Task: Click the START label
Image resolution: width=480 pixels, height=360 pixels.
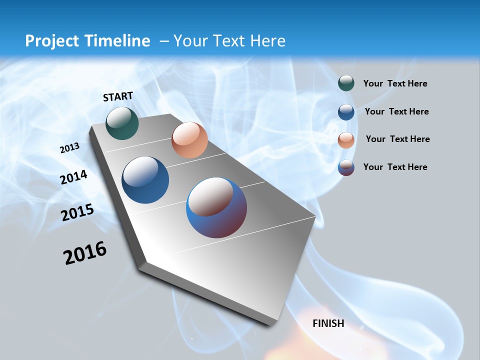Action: (118, 96)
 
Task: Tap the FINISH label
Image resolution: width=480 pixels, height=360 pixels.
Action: (328, 323)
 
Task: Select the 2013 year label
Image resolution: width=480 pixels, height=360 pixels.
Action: (69, 148)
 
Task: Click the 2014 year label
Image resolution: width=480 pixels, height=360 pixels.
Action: (74, 177)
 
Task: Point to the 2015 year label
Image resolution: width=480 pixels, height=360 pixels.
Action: (77, 212)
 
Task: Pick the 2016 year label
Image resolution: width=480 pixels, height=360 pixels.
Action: (85, 253)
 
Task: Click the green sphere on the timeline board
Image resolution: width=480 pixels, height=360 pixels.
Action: (122, 123)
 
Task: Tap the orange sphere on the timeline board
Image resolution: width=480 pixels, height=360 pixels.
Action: (189, 140)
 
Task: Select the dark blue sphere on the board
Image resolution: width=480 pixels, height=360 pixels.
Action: (145, 180)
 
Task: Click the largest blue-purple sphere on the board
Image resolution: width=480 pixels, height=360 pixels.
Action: (216, 207)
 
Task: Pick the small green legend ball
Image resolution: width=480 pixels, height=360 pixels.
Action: (346, 83)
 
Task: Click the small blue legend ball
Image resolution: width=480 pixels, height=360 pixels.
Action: (346, 111)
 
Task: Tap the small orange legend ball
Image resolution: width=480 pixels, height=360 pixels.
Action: (346, 139)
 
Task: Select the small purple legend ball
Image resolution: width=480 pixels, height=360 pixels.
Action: (346, 167)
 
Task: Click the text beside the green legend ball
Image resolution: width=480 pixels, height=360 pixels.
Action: (395, 83)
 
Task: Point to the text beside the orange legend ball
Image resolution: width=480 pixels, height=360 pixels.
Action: (397, 139)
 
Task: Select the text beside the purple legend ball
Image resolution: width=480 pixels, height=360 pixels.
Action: (395, 167)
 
